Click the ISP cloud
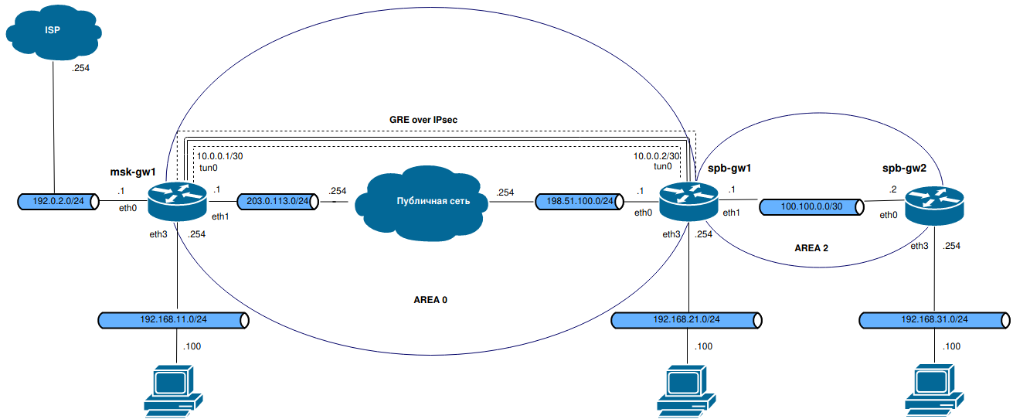tap(53, 32)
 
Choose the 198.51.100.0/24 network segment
tap(576, 203)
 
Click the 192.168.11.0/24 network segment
tap(174, 319)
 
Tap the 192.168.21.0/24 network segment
tap(687, 319)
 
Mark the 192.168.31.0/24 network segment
tap(934, 319)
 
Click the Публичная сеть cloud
tap(427, 203)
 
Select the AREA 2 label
tap(811, 248)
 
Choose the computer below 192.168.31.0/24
tap(934, 390)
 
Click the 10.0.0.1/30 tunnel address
tap(221, 156)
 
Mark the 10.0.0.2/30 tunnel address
tap(657, 156)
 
